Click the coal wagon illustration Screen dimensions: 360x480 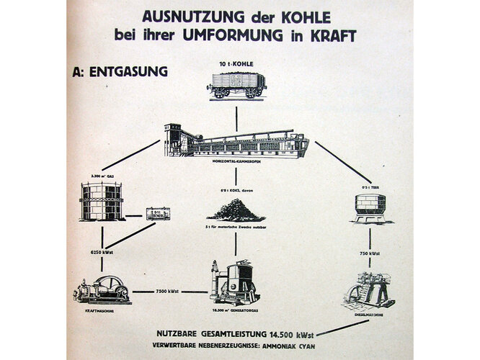coord(236,84)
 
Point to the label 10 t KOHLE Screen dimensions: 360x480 coord(236,64)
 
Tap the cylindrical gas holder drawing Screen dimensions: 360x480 coord(102,202)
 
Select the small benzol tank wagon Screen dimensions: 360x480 coord(158,213)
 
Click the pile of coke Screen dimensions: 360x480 coord(236,210)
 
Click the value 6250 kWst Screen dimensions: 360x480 coord(102,253)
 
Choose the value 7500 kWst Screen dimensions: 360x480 coord(169,292)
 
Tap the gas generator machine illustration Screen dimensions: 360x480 coord(234,282)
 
